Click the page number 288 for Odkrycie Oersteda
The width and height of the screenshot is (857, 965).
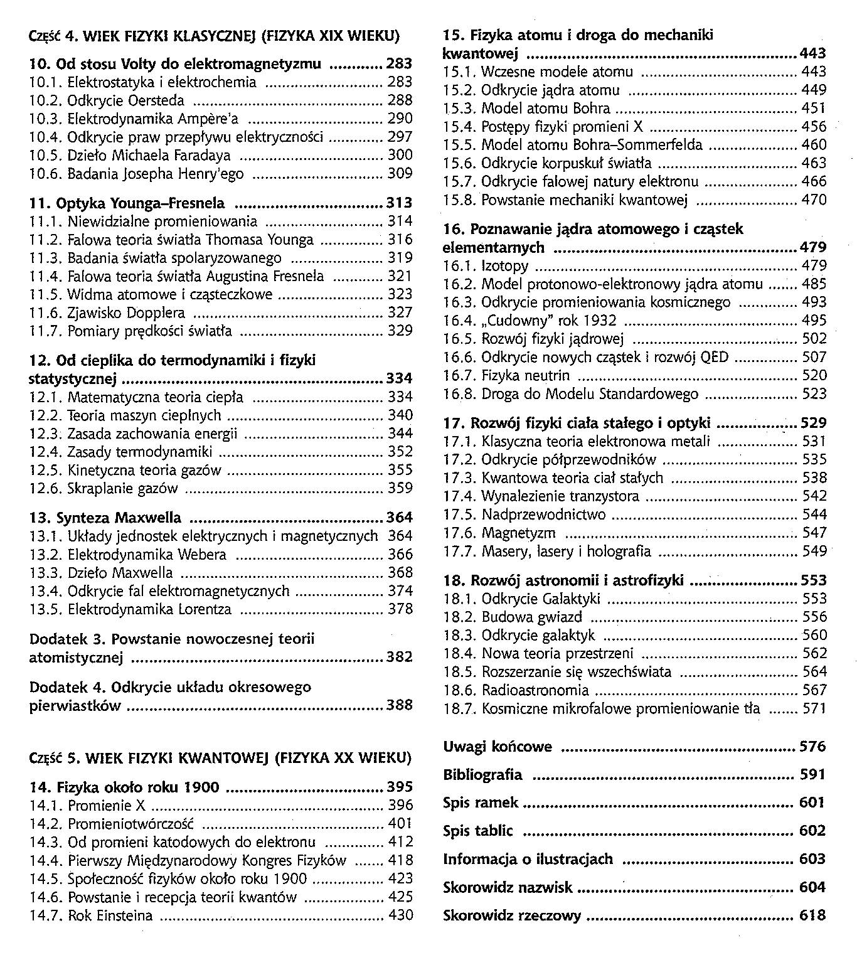coord(400,100)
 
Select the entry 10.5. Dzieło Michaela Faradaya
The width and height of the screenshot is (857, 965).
coord(130,155)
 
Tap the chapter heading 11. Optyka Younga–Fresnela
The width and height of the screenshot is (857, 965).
coord(127,203)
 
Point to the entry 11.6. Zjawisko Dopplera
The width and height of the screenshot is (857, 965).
coord(107,312)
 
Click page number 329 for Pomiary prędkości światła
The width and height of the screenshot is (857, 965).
coord(400,331)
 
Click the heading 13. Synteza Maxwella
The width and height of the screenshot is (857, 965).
coord(106,518)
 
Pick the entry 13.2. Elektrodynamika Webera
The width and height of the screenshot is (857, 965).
coord(128,555)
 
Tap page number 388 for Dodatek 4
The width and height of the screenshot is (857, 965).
coord(400,705)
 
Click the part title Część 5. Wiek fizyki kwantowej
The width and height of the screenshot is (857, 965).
coord(220,758)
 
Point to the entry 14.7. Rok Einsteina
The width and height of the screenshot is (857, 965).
coord(91,915)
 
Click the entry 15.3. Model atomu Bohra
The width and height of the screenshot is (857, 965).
coord(526,109)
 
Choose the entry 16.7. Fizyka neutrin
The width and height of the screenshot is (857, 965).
coord(506,376)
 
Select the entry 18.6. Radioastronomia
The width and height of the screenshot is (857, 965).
coord(516,691)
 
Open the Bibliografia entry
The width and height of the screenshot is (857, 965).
coord(482,775)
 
